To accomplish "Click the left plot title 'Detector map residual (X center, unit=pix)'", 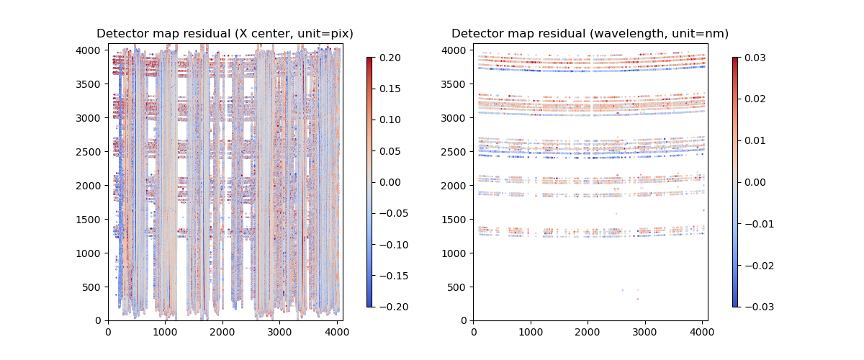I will click(x=225, y=34).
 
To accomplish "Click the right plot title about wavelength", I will click(x=590, y=34).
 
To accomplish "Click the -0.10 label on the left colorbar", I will click(x=390, y=245).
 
